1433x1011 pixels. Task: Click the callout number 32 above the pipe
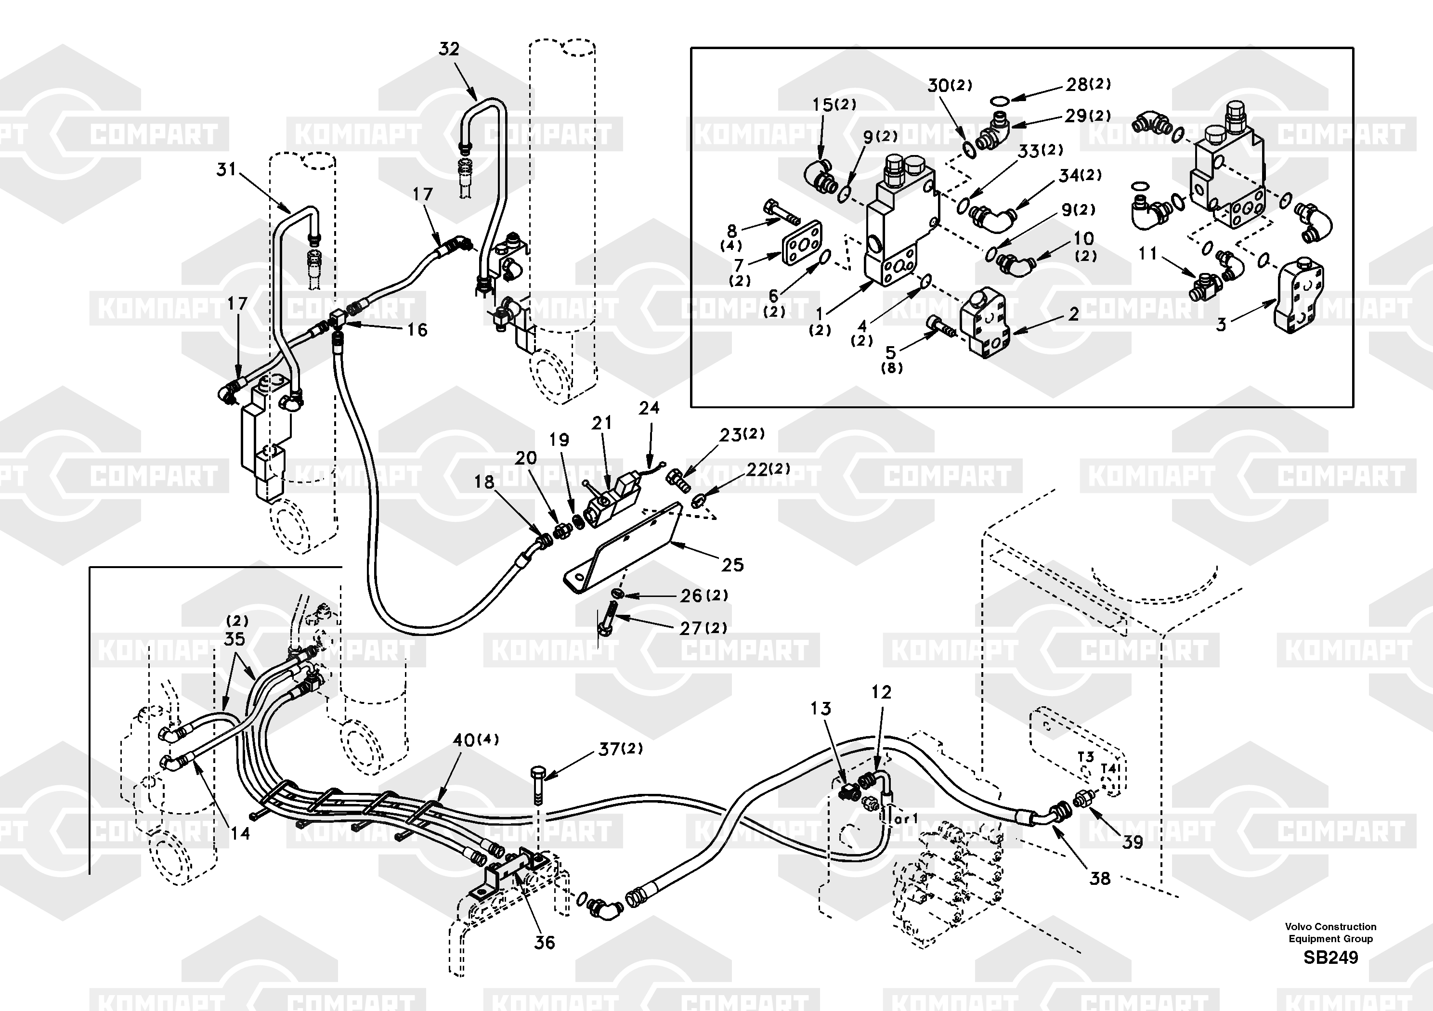click(449, 49)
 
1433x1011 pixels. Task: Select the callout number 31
click(226, 169)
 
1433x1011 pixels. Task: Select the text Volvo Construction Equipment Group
click(1330, 933)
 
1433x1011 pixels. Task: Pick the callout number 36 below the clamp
click(544, 942)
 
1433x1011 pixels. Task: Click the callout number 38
click(1100, 879)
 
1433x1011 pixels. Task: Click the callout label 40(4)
click(476, 740)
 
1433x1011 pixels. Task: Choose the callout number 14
click(240, 833)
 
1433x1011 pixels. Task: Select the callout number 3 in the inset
click(1222, 324)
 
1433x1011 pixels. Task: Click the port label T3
click(1085, 756)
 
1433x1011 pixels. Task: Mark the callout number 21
click(602, 423)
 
